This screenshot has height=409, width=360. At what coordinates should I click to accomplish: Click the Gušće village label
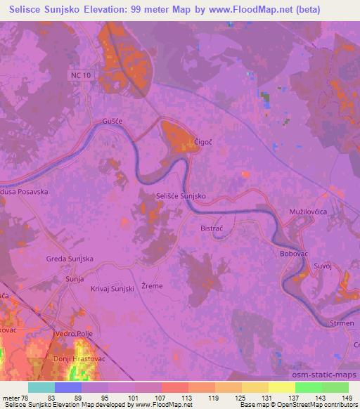pyautogui.click(x=112, y=122)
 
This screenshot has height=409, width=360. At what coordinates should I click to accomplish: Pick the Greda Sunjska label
pyautogui.click(x=70, y=259)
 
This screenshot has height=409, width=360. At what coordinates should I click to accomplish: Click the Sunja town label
pyautogui.click(x=75, y=279)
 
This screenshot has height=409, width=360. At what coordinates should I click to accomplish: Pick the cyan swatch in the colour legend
pyautogui.click(x=41, y=387)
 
